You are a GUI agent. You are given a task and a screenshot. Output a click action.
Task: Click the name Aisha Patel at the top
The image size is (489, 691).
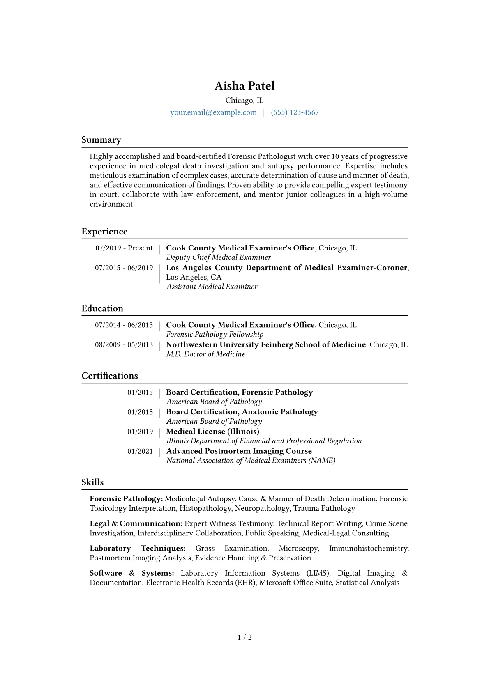click(244, 85)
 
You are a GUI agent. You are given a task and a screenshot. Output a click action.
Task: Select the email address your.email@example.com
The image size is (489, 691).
click(213, 112)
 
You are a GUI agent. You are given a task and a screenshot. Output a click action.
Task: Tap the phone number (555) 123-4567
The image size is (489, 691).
click(295, 112)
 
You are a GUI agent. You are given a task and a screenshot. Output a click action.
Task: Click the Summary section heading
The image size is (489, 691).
click(101, 140)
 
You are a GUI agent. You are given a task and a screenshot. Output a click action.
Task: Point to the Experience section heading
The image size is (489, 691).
click(104, 232)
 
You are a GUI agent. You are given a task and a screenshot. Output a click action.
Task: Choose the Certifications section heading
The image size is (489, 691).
click(110, 376)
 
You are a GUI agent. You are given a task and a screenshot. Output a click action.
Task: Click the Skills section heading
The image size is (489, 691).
click(92, 482)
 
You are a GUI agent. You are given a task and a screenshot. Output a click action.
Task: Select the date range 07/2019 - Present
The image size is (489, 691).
click(124, 248)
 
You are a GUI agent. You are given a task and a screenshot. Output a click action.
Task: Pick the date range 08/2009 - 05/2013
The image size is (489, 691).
click(124, 344)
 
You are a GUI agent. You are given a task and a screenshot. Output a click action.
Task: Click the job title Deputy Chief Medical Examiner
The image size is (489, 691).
click(219, 257)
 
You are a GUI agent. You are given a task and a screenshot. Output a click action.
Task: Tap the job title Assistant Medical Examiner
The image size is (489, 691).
click(212, 287)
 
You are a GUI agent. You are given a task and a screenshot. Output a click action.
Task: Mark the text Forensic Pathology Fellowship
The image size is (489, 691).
click(215, 334)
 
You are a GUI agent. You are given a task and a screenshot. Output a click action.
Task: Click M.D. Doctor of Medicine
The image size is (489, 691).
click(205, 354)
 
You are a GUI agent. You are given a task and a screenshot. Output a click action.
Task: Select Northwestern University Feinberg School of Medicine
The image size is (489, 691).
click(266, 344)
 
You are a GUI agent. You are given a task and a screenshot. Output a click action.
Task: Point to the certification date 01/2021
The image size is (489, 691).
click(140, 451)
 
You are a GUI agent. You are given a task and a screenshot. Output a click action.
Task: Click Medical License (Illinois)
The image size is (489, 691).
click(212, 432)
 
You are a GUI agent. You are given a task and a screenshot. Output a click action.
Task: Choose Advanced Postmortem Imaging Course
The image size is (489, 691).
click(239, 451)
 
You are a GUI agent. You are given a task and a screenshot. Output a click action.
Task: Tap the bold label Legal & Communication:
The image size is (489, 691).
click(136, 523)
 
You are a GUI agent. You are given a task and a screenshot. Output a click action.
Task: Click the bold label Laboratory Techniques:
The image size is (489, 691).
click(138, 548)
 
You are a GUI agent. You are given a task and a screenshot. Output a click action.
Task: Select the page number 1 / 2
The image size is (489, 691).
click(244, 637)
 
